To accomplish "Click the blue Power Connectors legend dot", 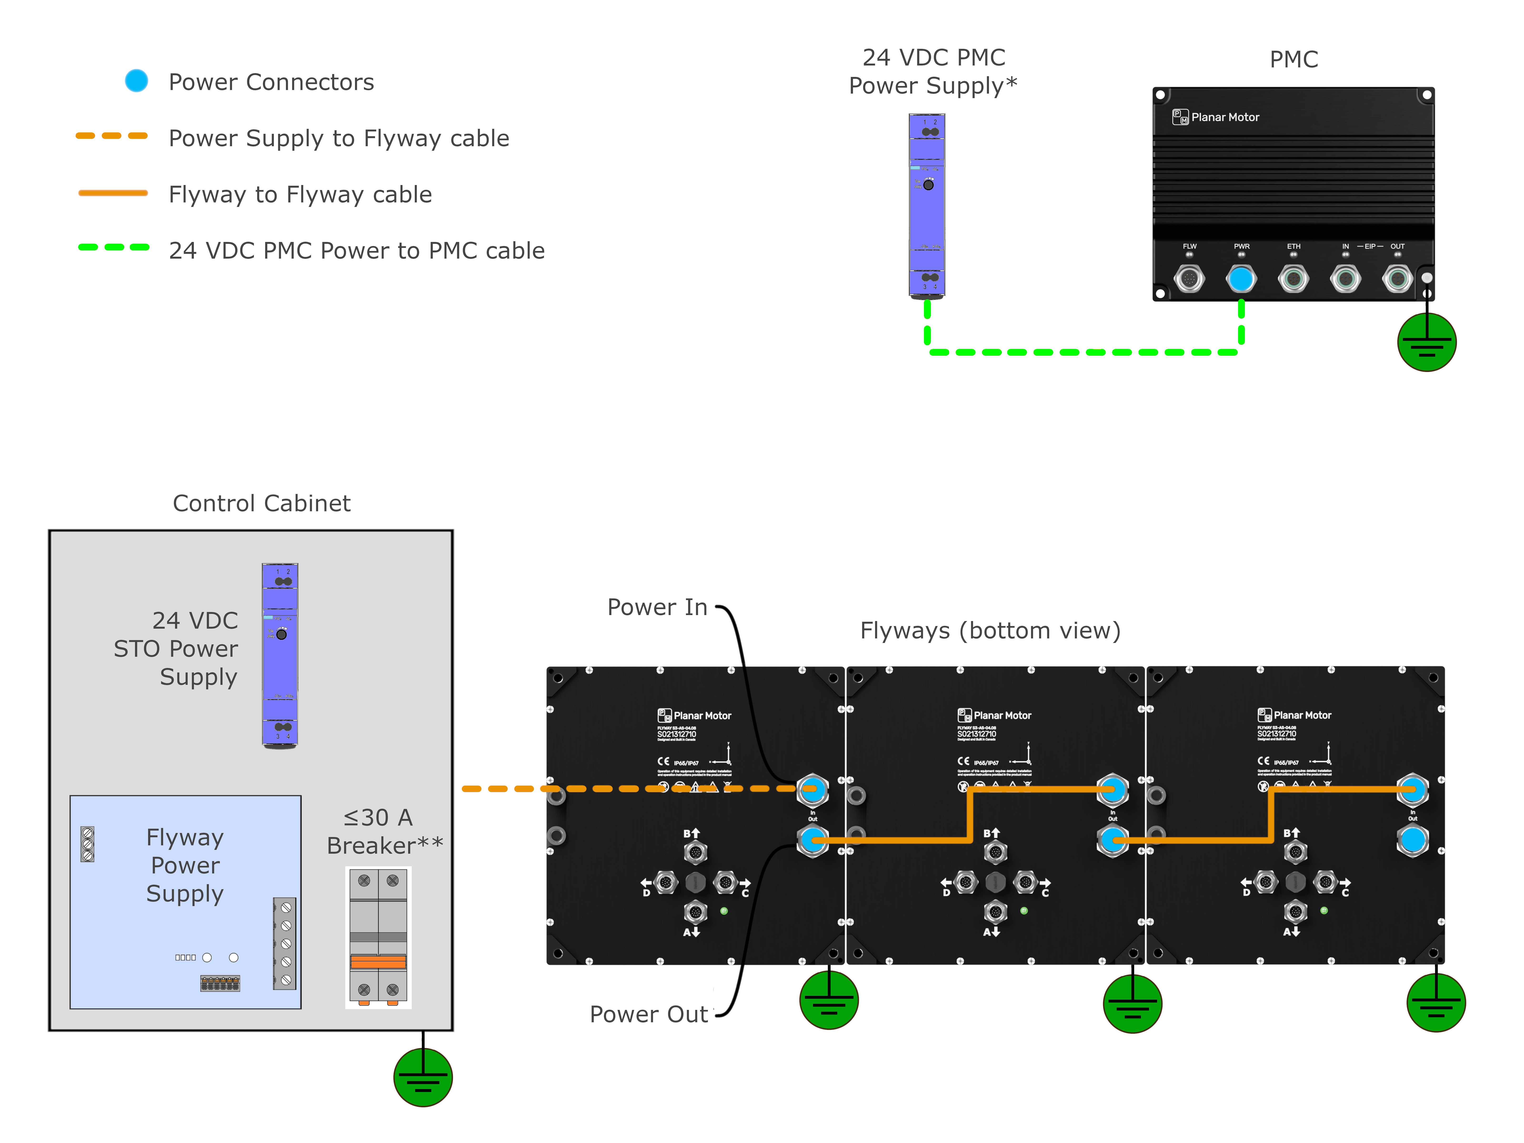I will pyautogui.click(x=136, y=81).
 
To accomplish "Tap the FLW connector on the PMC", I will pyautogui.click(x=1189, y=279).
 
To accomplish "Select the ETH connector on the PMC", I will pyautogui.click(x=1293, y=279).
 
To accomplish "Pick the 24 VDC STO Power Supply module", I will pyautogui.click(x=280, y=655).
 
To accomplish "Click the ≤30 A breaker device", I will pyautogui.click(x=378, y=937).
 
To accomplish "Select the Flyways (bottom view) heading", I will pyautogui.click(x=990, y=630).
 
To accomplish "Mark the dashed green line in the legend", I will pyautogui.click(x=114, y=247).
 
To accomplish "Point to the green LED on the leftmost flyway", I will pyautogui.click(x=724, y=911).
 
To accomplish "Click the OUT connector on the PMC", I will pyautogui.click(x=1397, y=279).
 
